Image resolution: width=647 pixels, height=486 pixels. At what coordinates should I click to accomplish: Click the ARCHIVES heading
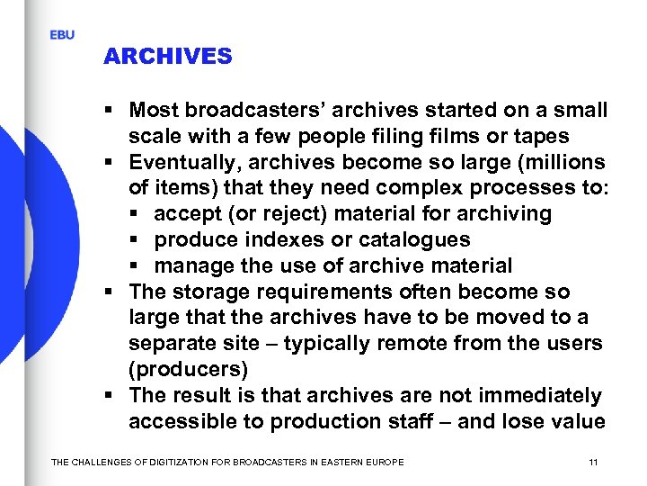point(167,57)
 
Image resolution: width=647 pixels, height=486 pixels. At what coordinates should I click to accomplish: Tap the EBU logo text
point(62,35)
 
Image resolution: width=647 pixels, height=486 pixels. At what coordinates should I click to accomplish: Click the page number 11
point(593,462)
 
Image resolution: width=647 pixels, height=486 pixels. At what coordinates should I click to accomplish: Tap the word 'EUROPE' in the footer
point(384,463)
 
